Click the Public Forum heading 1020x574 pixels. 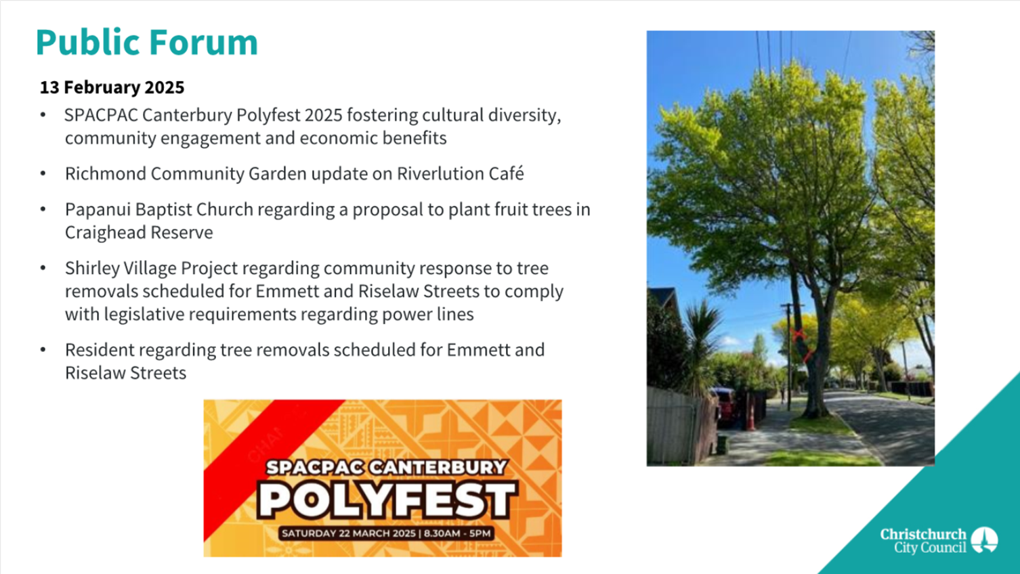[x=146, y=42]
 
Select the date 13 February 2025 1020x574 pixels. [x=112, y=87]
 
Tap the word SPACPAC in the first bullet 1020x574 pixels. [x=101, y=115]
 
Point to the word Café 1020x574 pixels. [x=507, y=173]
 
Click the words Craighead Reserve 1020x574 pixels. [x=139, y=232]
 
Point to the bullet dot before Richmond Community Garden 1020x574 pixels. [x=43, y=173]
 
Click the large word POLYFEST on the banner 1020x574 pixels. [x=387, y=500]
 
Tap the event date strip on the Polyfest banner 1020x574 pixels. [x=386, y=533]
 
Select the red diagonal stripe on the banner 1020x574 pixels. [x=269, y=460]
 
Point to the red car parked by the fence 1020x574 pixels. [x=725, y=405]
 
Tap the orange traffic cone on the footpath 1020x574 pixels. [x=750, y=416]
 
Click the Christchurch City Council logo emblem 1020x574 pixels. [x=985, y=540]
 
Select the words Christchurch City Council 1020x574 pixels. [x=923, y=540]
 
